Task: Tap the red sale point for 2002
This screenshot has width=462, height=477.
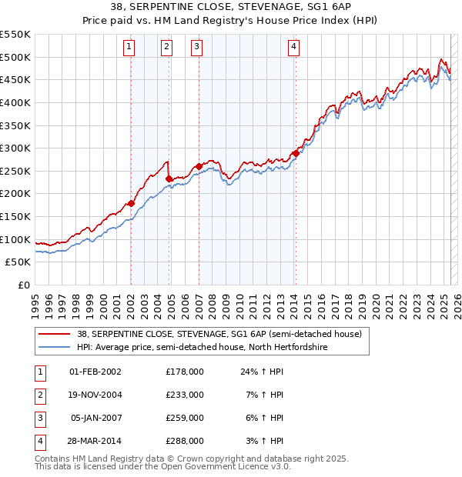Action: click(x=131, y=203)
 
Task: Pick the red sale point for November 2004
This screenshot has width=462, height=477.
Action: click(x=169, y=178)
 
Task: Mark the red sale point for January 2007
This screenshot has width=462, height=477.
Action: click(x=199, y=166)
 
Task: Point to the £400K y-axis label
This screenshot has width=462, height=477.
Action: click(x=15, y=102)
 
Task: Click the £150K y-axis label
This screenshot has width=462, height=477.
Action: click(x=15, y=216)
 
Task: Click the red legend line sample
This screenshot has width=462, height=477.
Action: click(x=55, y=335)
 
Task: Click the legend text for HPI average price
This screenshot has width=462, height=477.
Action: click(x=203, y=348)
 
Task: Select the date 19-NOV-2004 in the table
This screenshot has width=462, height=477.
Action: click(x=95, y=395)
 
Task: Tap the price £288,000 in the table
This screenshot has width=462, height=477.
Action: click(x=185, y=441)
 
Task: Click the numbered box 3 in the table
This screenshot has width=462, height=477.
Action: click(x=39, y=418)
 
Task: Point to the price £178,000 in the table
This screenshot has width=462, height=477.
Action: click(x=185, y=372)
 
